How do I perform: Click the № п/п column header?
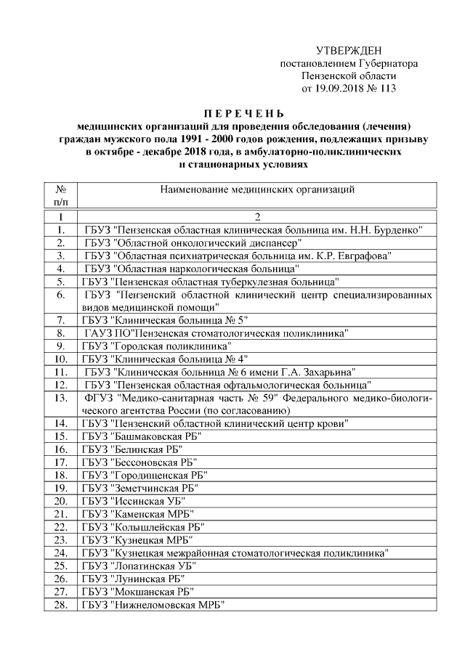pos(62,197)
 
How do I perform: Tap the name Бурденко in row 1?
pos(398,230)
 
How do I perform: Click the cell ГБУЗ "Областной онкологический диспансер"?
pos(193,242)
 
